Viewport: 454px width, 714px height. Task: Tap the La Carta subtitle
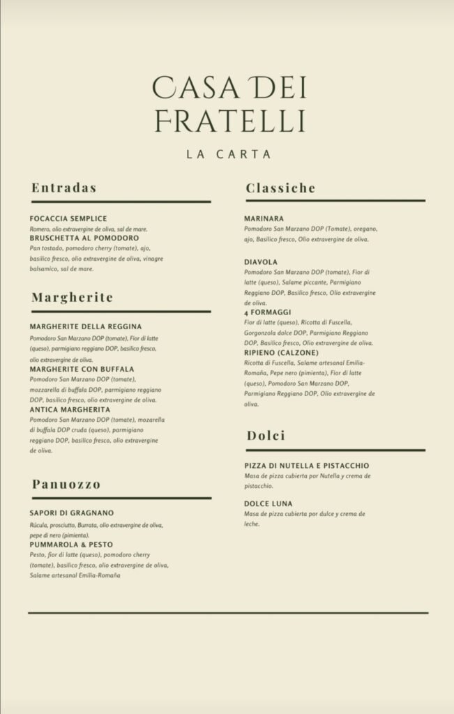229,154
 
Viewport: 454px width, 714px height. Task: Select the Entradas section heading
63,188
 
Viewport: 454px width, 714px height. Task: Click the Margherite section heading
72,298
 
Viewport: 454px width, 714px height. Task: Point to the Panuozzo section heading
66,484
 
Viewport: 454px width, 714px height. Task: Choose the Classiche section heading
280,188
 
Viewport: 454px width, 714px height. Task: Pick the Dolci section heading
266,436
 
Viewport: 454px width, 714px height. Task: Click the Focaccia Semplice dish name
68,219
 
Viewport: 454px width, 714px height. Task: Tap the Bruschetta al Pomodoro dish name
84,238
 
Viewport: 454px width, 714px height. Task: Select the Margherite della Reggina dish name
86,327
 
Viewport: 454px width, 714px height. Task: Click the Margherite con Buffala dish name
82,369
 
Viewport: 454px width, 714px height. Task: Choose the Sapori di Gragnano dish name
72,513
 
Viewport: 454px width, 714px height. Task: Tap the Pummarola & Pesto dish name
71,544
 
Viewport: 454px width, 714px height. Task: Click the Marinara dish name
264,219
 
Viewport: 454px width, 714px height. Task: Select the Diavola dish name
261,262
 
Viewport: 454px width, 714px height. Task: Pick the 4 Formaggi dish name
268,312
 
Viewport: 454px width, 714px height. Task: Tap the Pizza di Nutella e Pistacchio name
307,466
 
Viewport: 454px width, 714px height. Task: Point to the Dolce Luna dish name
268,503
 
